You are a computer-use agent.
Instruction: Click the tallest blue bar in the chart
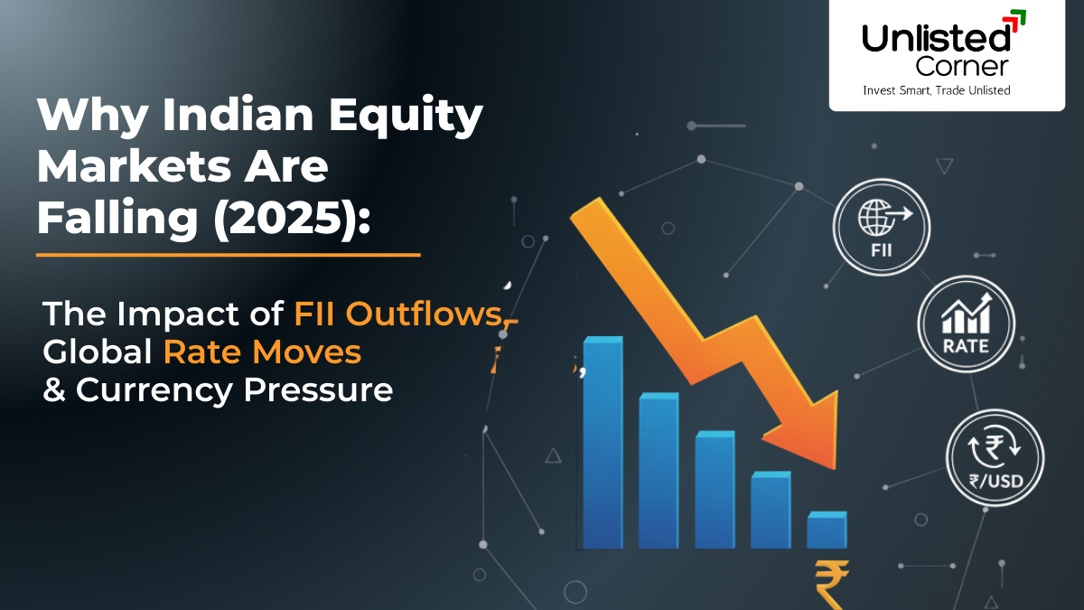tap(603, 443)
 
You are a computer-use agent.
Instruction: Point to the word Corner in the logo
tap(961, 66)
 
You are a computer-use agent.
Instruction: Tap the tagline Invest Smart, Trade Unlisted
tap(936, 89)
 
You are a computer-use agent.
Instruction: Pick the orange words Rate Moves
tap(262, 352)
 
